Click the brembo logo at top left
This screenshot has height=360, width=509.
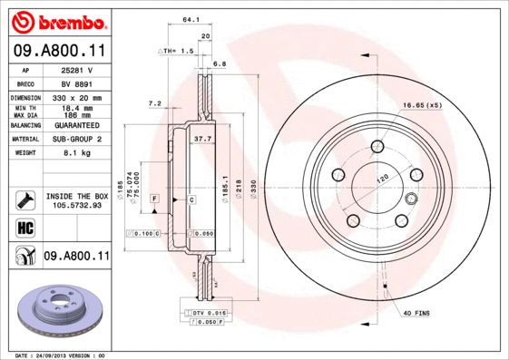tap(58, 20)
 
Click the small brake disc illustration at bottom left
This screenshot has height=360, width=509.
tap(57, 310)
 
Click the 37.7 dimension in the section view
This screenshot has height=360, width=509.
tap(203, 139)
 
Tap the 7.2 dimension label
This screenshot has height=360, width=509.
tap(154, 103)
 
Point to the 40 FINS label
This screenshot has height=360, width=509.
tap(416, 312)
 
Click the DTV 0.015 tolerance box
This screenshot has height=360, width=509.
tap(209, 312)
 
